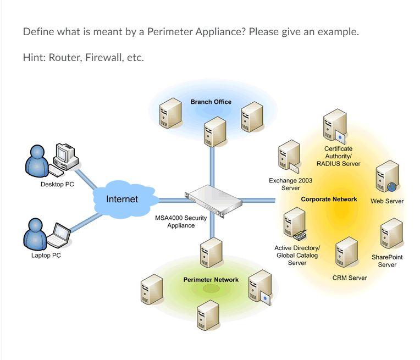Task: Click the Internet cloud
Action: [x=122, y=198]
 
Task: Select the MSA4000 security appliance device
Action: [x=214, y=200]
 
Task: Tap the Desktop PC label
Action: [x=57, y=185]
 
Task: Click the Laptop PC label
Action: [x=46, y=256]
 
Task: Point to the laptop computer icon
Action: [x=59, y=236]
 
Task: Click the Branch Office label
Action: [x=211, y=102]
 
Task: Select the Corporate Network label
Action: [x=329, y=200]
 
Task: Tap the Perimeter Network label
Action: [x=211, y=280]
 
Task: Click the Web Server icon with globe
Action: [x=387, y=176]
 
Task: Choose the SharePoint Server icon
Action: [x=391, y=233]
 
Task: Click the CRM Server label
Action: [x=350, y=278]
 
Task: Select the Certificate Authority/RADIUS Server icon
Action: [x=335, y=125]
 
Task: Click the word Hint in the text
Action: [x=33, y=58]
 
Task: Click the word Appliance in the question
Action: [x=219, y=31]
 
